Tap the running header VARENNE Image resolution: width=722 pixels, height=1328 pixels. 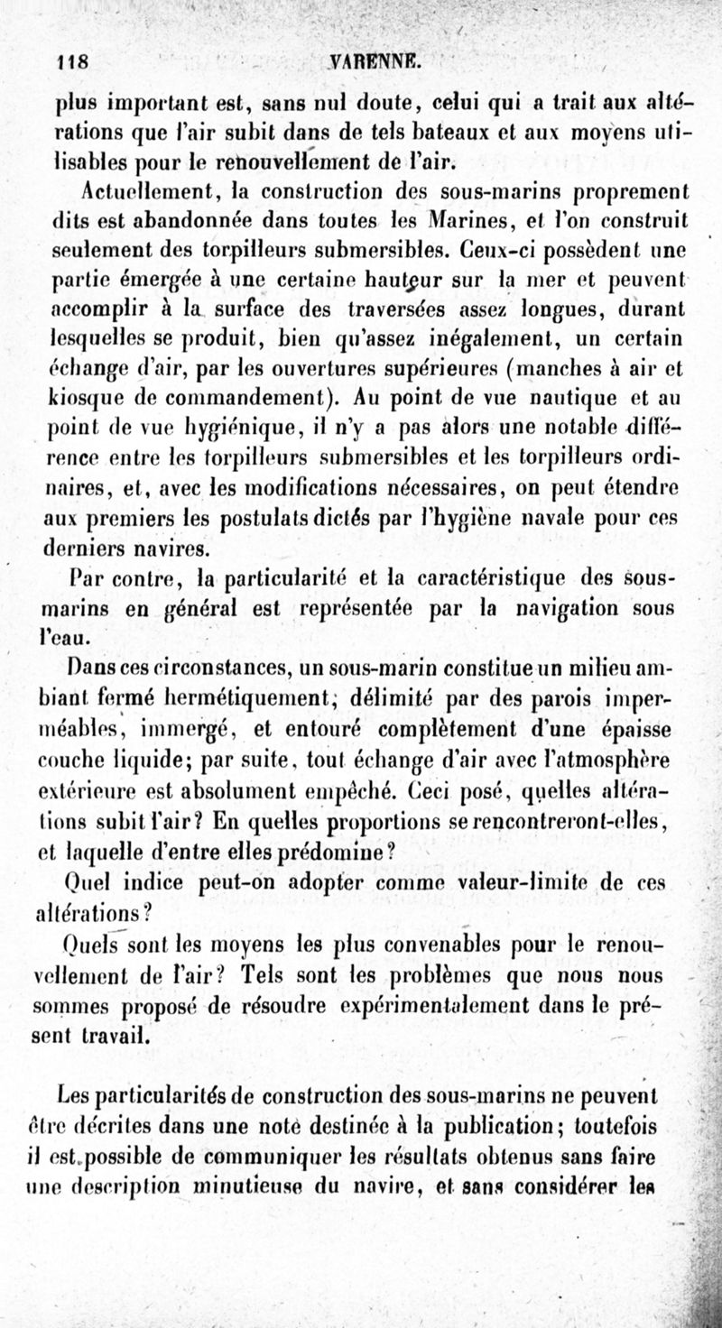371,62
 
